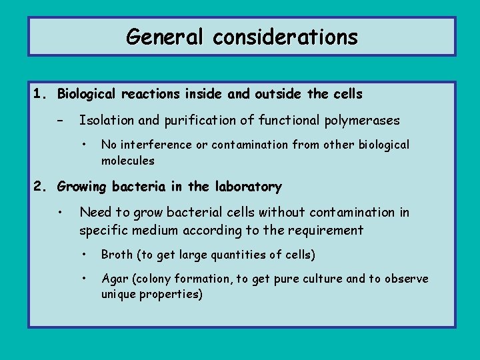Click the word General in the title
click(166, 37)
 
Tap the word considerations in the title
click(285, 37)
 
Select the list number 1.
click(41, 94)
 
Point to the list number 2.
click(41, 187)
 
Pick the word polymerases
click(362, 121)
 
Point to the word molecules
click(127, 161)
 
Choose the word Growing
click(82, 187)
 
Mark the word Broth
click(117, 255)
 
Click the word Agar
click(115, 279)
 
